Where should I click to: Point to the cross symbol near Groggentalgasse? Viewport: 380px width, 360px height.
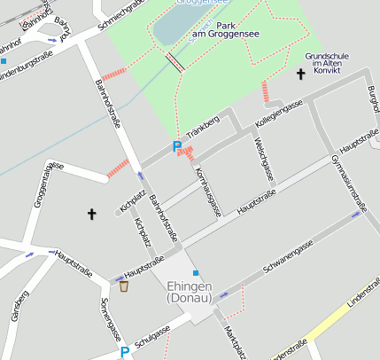pos(91,214)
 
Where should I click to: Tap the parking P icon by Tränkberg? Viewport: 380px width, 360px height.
pos(177,146)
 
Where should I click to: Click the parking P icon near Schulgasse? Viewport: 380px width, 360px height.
pos(125,353)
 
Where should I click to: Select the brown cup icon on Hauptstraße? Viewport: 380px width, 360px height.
pos(123,286)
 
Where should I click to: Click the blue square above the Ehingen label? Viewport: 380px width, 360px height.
pos(195,273)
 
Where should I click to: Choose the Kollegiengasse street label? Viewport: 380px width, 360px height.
pos(279,113)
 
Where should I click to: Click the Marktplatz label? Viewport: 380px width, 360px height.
pos(234,341)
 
